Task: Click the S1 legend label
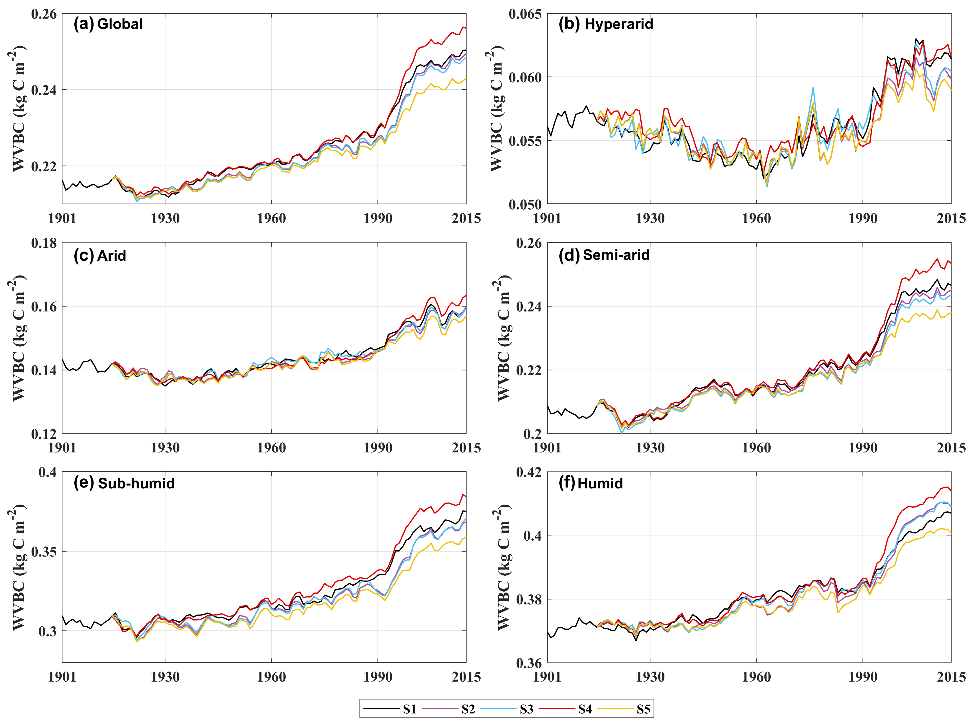click(409, 709)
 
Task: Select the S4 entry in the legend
click(585, 709)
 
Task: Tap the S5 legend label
click(643, 709)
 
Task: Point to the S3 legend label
click(527, 709)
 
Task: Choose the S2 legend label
click(468, 709)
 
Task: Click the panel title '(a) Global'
click(108, 24)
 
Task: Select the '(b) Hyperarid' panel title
click(606, 24)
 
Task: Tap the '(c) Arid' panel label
click(100, 255)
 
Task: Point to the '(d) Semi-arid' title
click(604, 255)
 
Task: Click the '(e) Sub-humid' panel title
click(124, 483)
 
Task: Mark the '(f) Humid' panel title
click(591, 483)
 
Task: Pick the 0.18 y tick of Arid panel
click(44, 243)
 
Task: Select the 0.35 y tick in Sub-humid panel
click(44, 552)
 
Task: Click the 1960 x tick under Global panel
click(271, 218)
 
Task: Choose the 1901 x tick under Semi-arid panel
click(547, 448)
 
